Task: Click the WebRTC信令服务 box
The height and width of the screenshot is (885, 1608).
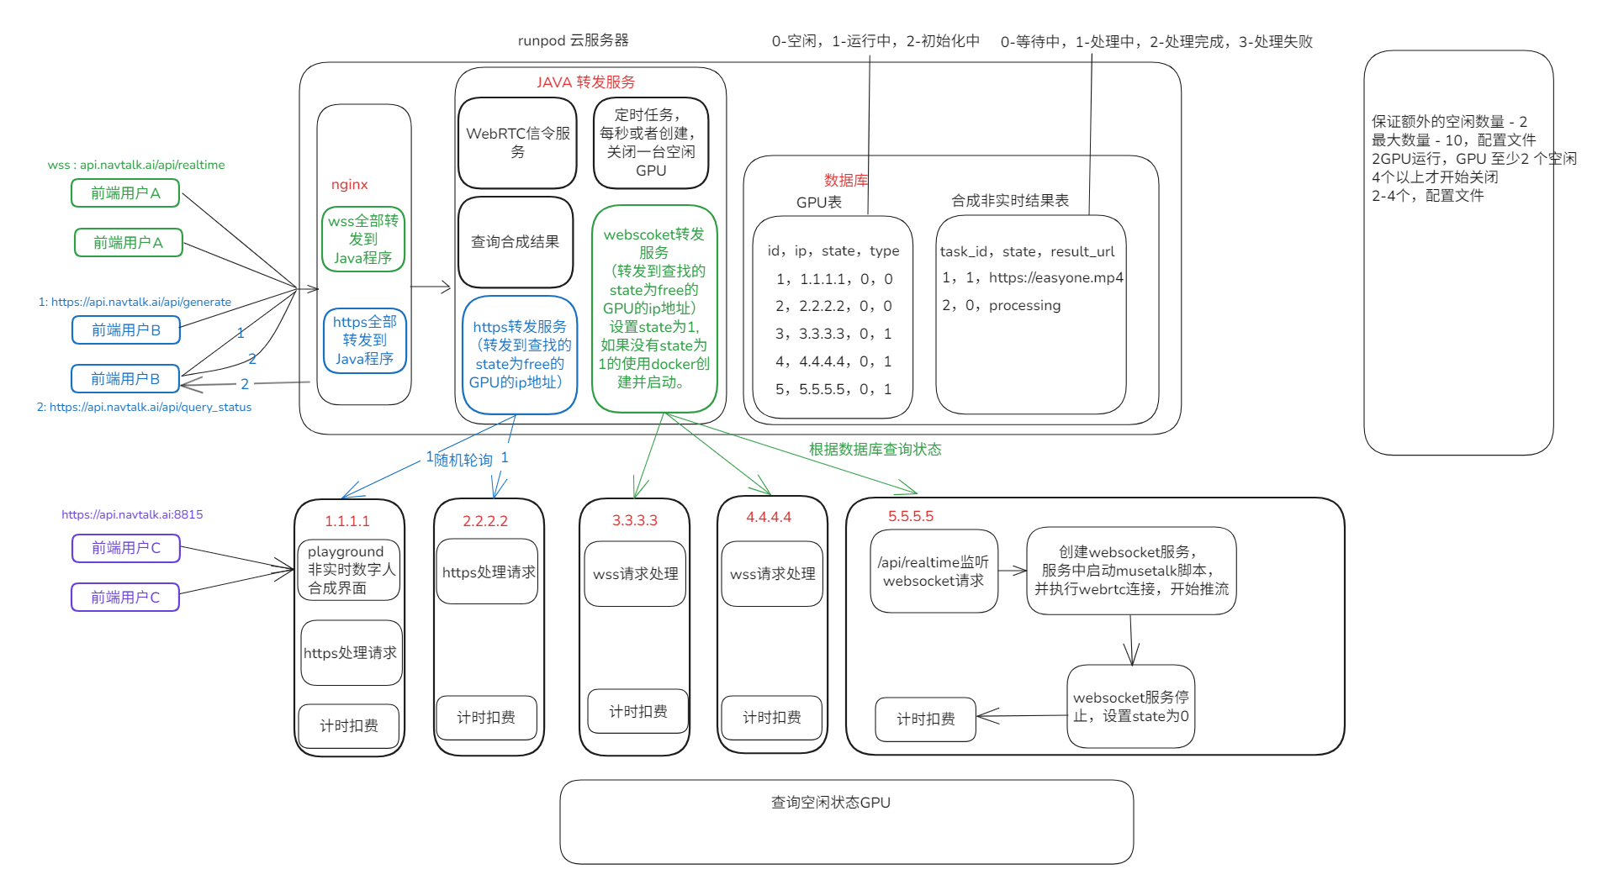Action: (x=517, y=143)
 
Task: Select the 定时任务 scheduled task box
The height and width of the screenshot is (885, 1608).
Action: (x=650, y=143)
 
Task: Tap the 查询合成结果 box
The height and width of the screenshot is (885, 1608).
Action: (x=515, y=242)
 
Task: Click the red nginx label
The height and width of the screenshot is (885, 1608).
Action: (x=349, y=185)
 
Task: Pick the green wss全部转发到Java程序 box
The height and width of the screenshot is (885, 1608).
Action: (x=363, y=240)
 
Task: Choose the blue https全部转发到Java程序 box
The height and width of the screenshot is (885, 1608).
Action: (x=364, y=340)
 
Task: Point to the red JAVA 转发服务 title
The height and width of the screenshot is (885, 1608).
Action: (x=585, y=82)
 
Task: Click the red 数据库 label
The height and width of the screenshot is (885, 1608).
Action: (x=845, y=180)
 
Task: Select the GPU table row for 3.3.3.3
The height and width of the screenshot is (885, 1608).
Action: (x=833, y=334)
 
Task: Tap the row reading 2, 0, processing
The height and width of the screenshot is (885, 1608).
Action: (x=1001, y=305)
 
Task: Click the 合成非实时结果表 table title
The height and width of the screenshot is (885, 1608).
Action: (x=1009, y=201)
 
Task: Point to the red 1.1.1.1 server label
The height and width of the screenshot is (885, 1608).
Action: (x=347, y=521)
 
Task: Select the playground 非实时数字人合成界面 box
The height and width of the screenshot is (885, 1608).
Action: (x=349, y=570)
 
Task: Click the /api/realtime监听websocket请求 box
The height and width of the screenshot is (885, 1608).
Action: (x=934, y=572)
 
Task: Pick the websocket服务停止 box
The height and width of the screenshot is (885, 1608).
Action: (x=1130, y=707)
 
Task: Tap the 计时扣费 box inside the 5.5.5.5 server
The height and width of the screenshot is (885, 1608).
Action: (x=925, y=719)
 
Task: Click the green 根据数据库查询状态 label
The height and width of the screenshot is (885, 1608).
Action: (x=875, y=450)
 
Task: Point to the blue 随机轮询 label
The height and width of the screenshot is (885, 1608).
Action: (x=463, y=461)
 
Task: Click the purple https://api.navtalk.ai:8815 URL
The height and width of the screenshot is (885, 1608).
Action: (x=132, y=514)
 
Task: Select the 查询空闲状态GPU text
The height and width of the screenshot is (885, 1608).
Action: (x=830, y=803)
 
